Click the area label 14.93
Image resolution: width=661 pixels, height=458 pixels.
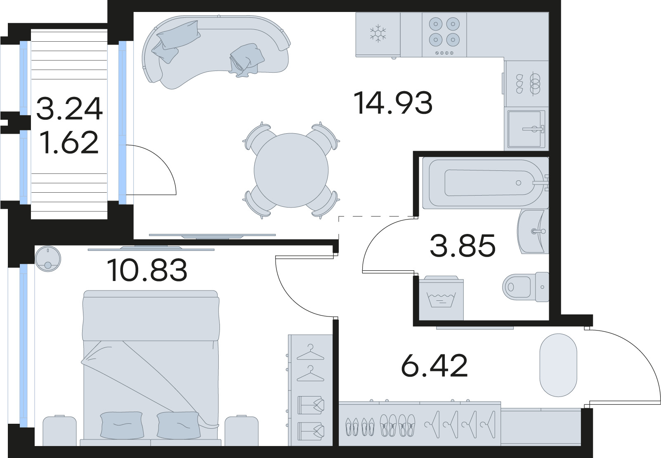pyautogui.click(x=393, y=103)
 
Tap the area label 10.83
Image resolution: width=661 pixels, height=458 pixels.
pyautogui.click(x=147, y=271)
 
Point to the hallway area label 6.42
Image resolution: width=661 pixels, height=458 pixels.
pyautogui.click(x=434, y=366)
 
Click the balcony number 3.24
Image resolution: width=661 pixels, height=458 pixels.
pyautogui.click(x=69, y=109)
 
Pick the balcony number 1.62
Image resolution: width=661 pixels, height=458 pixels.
pyautogui.click(x=69, y=142)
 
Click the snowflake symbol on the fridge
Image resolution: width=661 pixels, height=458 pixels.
pyautogui.click(x=377, y=34)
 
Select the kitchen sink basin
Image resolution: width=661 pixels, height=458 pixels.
pyautogui.click(x=525, y=129)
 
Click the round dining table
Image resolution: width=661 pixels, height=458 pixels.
pyautogui.click(x=291, y=170)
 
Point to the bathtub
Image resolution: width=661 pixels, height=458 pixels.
pyautogui.click(x=483, y=182)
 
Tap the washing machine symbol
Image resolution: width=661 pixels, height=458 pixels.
pyautogui.click(x=441, y=298)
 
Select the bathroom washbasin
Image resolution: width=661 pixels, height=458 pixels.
pyautogui.click(x=532, y=231)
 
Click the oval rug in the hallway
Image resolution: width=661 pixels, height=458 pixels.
pyautogui.click(x=558, y=365)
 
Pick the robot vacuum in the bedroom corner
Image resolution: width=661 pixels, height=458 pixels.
pyautogui.click(x=48, y=258)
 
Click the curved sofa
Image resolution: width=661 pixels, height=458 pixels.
pyautogui.click(x=215, y=50)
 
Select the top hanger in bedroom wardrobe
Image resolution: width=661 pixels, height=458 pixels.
pyautogui.click(x=310, y=352)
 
